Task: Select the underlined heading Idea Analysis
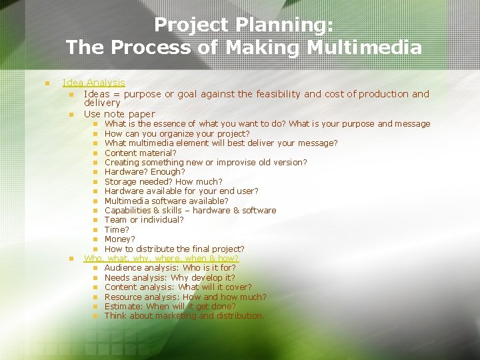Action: (93, 83)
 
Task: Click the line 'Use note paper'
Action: (119, 114)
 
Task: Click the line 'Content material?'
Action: (140, 153)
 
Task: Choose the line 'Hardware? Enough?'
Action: (145, 172)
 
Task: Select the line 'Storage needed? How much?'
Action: (163, 181)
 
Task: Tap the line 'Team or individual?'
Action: (144, 220)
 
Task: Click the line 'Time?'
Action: (117, 229)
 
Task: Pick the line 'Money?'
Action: (119, 239)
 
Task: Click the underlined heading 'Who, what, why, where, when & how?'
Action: (161, 258)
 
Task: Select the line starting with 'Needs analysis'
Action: (169, 277)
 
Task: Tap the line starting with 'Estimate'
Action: (169, 307)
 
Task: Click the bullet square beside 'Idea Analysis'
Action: (47, 83)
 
